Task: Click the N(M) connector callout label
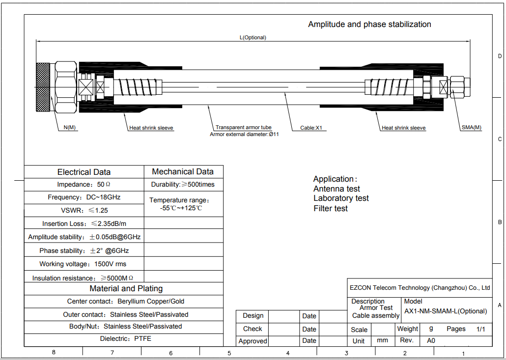[70, 127]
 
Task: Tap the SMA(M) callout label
[472, 127]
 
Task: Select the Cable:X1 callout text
[311, 128]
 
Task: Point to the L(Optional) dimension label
[253, 37]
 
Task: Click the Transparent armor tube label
[244, 127]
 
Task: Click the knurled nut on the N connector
[43, 87]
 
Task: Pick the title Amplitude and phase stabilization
[369, 24]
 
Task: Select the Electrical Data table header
[84, 172]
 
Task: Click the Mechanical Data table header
[183, 171]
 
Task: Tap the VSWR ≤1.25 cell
[84, 210]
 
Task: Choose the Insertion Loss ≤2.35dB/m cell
[84, 223]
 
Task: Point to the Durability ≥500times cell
[183, 185]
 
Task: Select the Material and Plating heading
[126, 288]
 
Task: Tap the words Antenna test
[337, 189]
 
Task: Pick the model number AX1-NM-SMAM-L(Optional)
[446, 311]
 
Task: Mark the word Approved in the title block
[253, 341]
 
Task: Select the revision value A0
[431, 341]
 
